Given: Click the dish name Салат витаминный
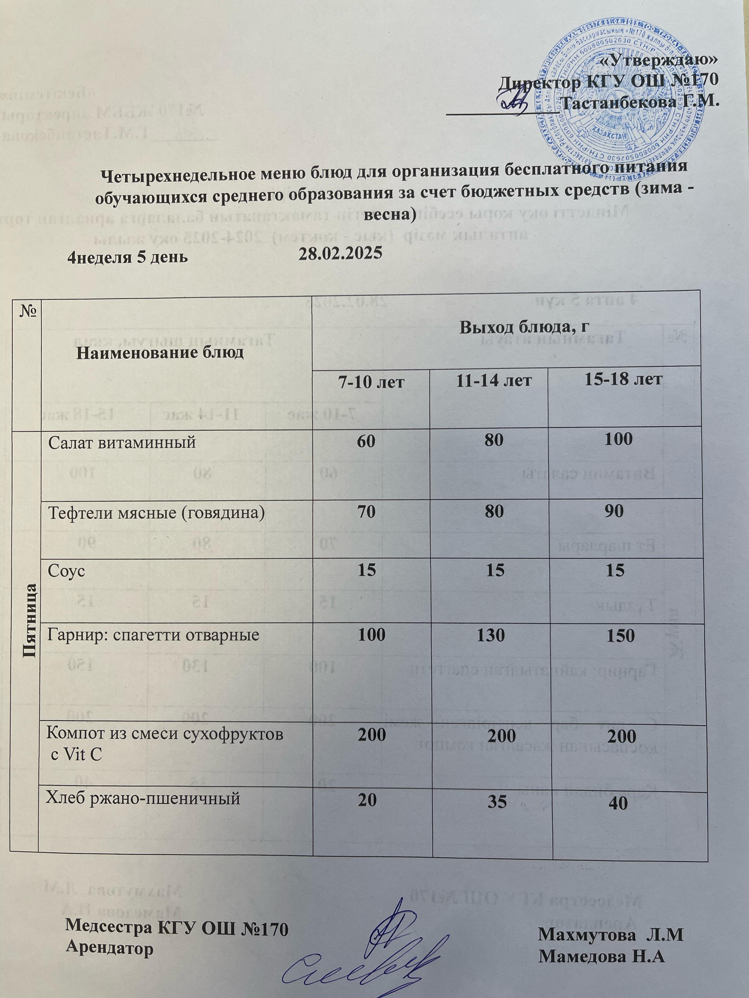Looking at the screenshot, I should point(122,443).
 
